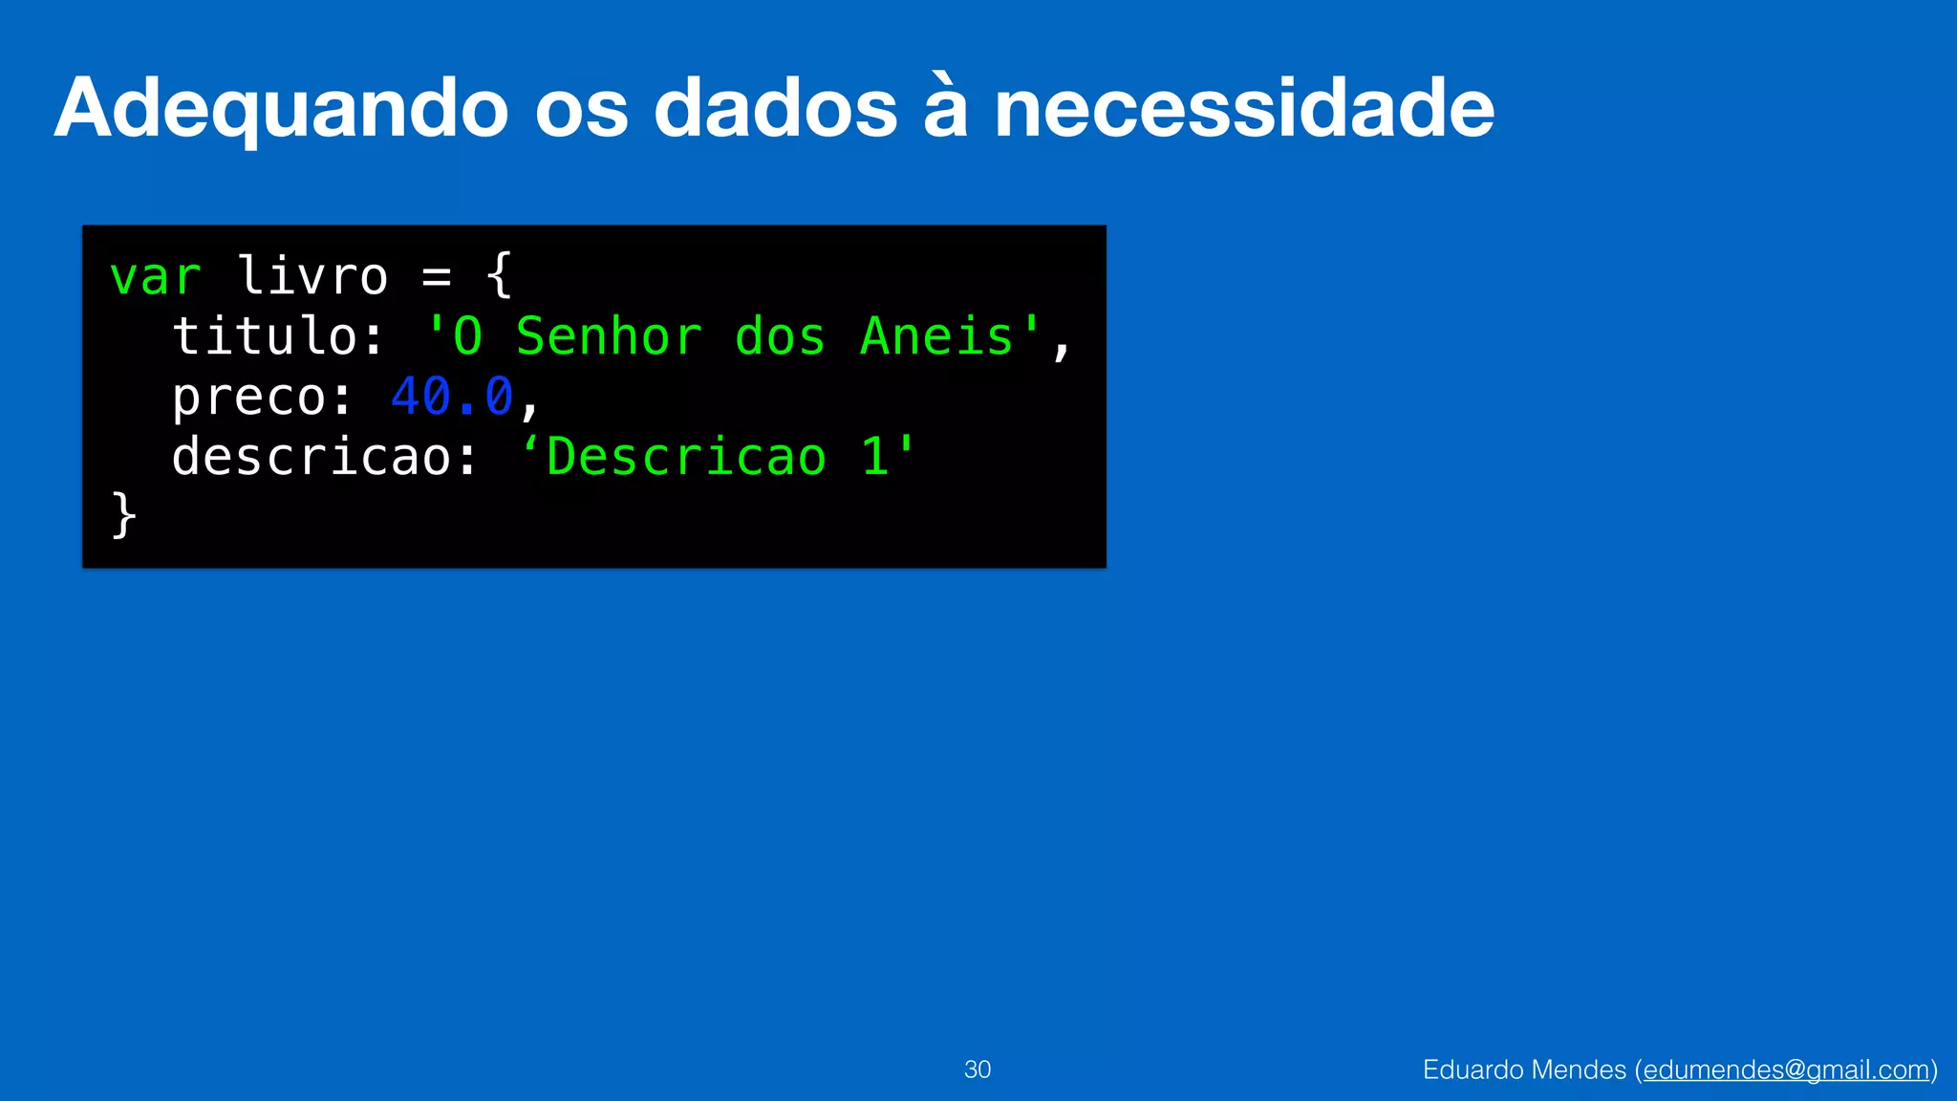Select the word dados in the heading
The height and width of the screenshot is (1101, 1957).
point(775,108)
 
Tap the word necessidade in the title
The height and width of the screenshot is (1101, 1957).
point(1244,108)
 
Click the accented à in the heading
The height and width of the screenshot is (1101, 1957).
point(946,108)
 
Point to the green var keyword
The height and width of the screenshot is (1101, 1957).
point(156,277)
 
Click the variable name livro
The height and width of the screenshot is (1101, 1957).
point(312,277)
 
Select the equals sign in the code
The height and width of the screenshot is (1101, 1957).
point(437,277)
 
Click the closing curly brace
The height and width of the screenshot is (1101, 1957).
point(124,515)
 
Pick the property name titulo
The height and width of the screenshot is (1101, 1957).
point(265,336)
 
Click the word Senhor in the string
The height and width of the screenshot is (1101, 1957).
point(609,336)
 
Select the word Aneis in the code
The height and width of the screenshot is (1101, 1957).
point(936,336)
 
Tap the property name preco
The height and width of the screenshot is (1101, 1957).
point(249,397)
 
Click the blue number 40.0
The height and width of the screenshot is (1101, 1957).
point(452,397)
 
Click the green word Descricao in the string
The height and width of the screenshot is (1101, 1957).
point(686,457)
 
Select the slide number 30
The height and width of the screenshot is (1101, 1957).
point(978,1069)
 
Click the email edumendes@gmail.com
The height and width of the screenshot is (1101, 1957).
point(1786,1069)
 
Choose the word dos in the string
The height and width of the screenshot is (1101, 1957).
point(780,336)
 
